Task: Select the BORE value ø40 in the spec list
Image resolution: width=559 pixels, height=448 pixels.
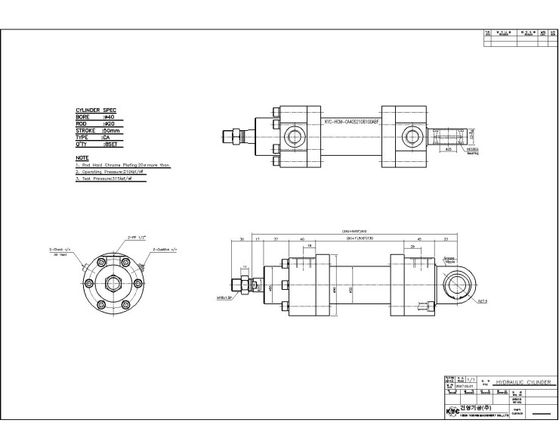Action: [110, 117]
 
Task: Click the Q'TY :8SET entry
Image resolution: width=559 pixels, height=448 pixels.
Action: [94, 143]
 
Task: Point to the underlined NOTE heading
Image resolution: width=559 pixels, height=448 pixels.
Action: [82, 157]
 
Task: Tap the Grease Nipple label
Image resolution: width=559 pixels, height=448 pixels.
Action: [449, 259]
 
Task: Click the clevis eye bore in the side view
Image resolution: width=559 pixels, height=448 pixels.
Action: [459, 285]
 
